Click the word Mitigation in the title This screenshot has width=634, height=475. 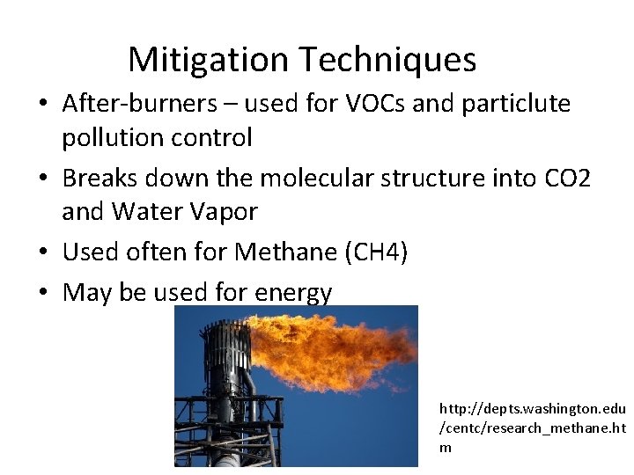click(x=209, y=60)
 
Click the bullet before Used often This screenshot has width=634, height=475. click(x=43, y=253)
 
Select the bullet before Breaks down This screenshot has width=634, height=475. click(x=43, y=179)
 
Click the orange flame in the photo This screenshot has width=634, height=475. click(x=335, y=347)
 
